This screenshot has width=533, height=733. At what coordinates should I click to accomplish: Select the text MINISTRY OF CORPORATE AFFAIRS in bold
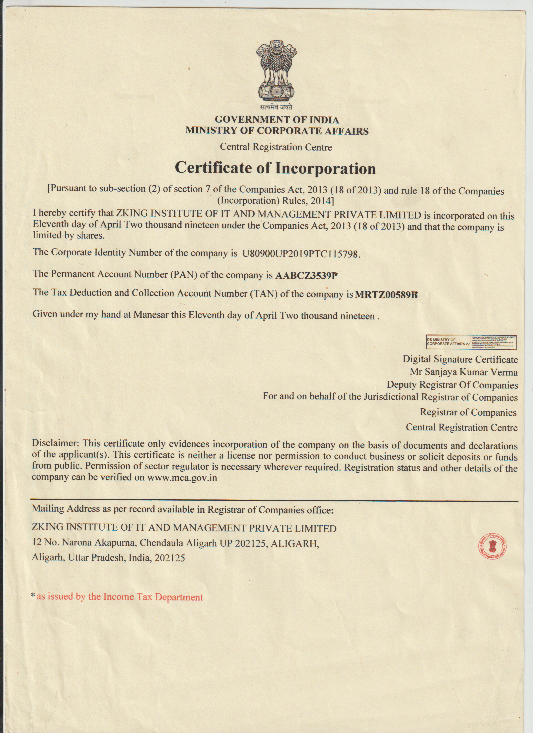[277, 131]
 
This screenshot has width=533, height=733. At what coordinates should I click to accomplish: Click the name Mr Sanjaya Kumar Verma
[464, 372]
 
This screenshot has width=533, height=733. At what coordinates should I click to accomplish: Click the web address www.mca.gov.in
[182, 478]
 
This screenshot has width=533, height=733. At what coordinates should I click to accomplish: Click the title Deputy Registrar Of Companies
[452, 385]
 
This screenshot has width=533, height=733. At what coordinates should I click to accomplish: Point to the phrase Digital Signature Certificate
[460, 359]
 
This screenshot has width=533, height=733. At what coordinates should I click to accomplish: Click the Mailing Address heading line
[182, 509]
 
